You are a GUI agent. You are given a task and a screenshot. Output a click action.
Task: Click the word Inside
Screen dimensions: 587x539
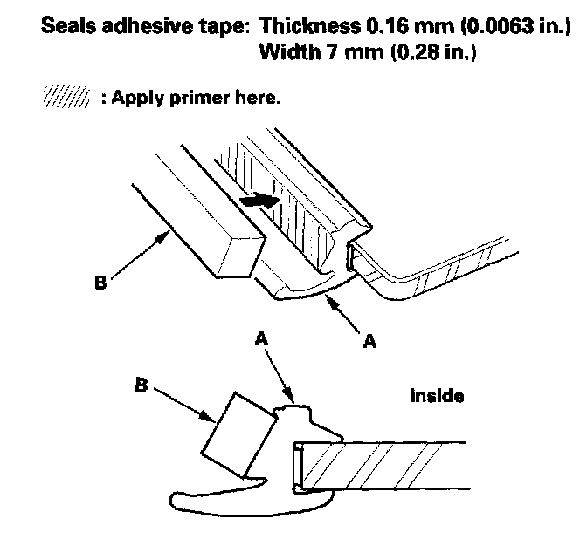(x=437, y=395)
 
